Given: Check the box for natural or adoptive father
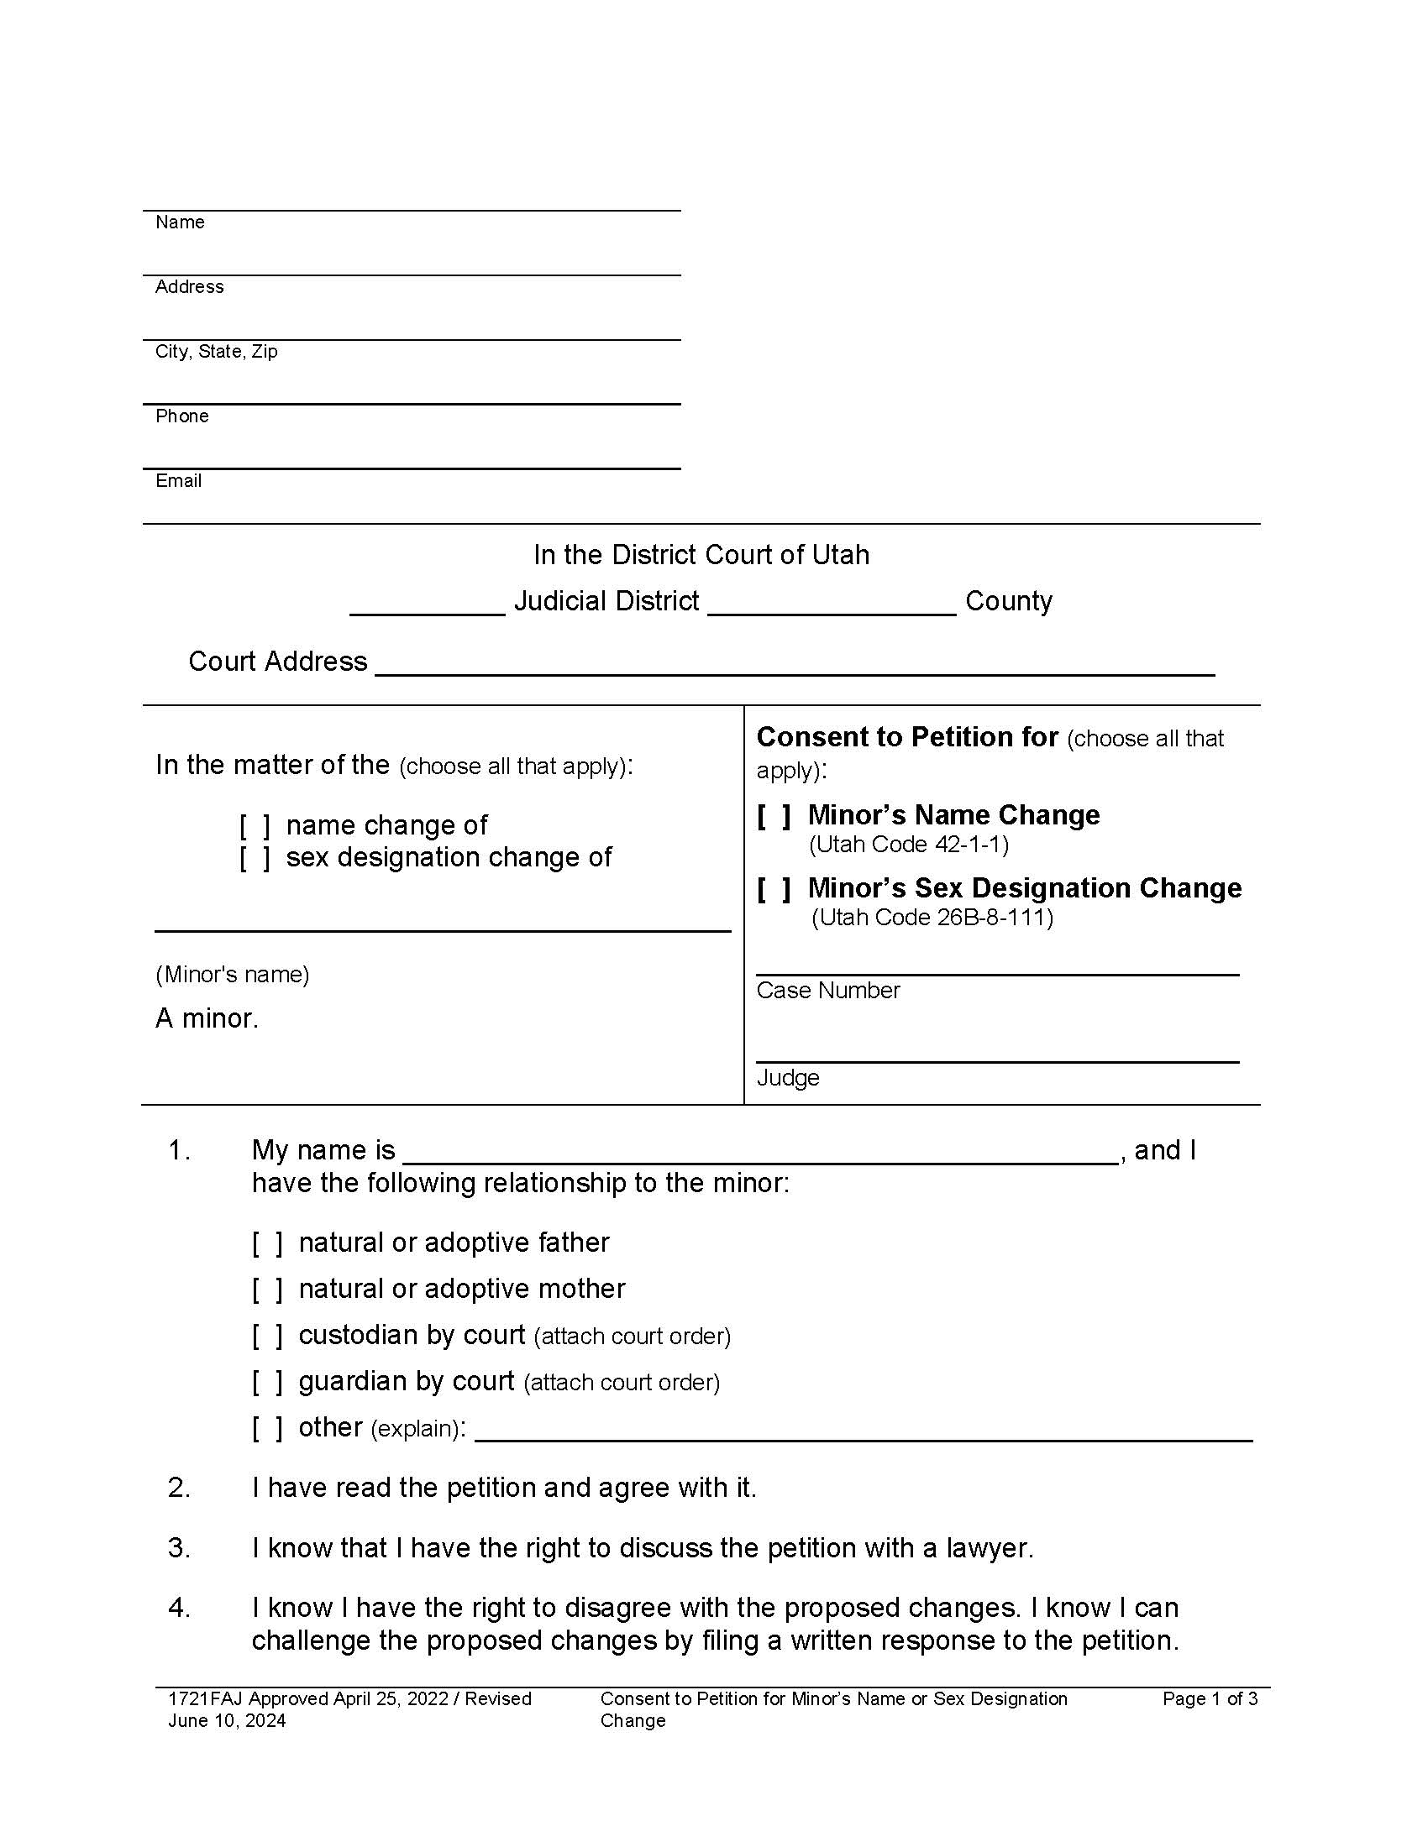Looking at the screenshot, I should pyautogui.click(x=267, y=1243).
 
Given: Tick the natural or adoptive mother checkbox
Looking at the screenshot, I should pyautogui.click(x=267, y=1290).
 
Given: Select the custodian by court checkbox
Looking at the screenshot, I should pyautogui.click(x=267, y=1337).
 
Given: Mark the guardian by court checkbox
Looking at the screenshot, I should pyautogui.click(x=267, y=1382).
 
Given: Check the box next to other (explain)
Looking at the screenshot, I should pyautogui.click(x=267, y=1428).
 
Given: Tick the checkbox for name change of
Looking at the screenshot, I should pyautogui.click(x=255, y=825).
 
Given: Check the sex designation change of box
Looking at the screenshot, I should pyautogui.click(x=255, y=857).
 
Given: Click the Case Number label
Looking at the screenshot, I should pyautogui.click(x=827, y=991).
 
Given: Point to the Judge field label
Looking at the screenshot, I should pyautogui.click(x=788, y=1077).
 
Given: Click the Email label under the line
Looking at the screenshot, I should pyautogui.click(x=178, y=481).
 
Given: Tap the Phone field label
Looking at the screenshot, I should pyautogui.click(x=182, y=416).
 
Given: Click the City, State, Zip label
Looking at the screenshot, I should pyautogui.click(x=217, y=351).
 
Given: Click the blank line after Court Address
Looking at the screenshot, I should pyautogui.click(x=795, y=664).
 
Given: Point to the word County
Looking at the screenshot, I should pyautogui.click(x=1008, y=601).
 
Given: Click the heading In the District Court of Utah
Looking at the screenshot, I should pyautogui.click(x=701, y=555).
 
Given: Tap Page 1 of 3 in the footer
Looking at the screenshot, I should pyautogui.click(x=1210, y=1699).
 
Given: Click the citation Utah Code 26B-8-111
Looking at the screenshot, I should pyautogui.click(x=932, y=918).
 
